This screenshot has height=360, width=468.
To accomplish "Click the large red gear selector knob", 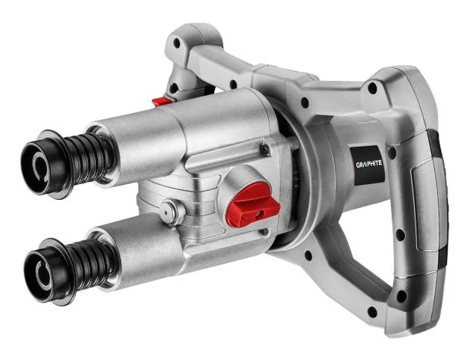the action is (x=253, y=204).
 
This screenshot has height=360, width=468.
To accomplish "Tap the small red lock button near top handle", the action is (x=162, y=101).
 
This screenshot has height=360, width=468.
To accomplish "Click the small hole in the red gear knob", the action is (x=261, y=213).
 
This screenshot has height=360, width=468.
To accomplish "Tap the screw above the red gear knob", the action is (x=265, y=149).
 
